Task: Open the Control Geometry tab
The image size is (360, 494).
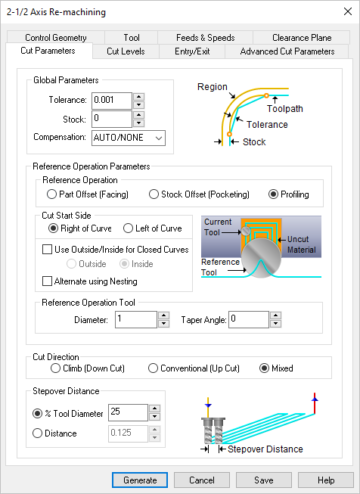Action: pos(55,37)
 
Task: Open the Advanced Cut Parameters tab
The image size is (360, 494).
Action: pos(287,51)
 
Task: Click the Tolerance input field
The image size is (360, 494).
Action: pos(110,100)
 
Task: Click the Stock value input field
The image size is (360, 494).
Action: pos(110,119)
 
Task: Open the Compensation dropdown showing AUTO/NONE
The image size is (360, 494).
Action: pos(127,138)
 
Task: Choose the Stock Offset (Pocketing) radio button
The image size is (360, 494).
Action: pos(155,194)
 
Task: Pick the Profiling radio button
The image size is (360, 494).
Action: pos(275,194)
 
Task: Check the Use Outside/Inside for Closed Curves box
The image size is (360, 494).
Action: pos(48,249)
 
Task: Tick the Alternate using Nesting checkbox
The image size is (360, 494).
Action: pos(48,281)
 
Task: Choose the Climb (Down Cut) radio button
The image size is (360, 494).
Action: pos(56,368)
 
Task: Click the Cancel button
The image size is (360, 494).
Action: pos(202,480)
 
